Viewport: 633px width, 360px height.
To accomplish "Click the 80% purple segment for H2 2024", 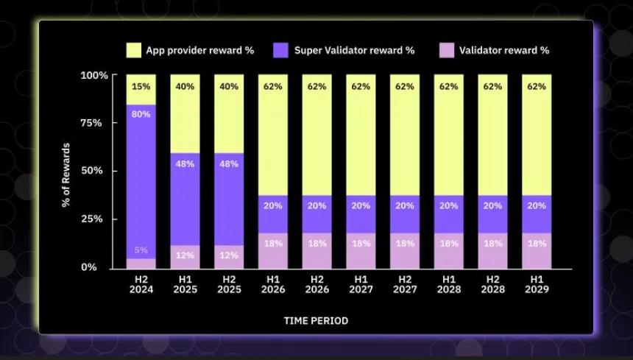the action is (x=141, y=182).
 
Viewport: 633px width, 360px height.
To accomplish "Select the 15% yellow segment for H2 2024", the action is (x=141, y=90).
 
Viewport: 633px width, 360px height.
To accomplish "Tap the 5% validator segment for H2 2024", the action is (x=141, y=264).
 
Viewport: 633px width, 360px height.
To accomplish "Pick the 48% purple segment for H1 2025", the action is (x=185, y=200).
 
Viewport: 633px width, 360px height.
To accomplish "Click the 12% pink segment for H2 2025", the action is (x=229, y=257).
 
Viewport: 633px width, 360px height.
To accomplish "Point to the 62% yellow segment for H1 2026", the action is (x=273, y=135).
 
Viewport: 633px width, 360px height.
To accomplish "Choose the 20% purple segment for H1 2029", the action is (x=537, y=214).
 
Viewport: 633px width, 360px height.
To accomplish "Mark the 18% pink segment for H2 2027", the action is (x=405, y=251).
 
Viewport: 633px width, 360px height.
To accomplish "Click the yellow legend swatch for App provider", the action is (x=134, y=51).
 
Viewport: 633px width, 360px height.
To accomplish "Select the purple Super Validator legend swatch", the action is (x=280, y=51).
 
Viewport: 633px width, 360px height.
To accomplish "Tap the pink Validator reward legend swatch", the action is (x=447, y=51).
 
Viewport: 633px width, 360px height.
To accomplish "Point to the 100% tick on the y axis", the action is (x=94, y=76).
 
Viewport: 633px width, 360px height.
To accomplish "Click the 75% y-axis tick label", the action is (x=91, y=123).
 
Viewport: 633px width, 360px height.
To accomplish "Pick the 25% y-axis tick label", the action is (x=91, y=219).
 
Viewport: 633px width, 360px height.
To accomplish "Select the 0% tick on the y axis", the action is (x=89, y=267).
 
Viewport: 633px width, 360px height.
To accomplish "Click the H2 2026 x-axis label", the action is (x=317, y=284).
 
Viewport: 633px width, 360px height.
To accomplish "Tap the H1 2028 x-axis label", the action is (x=448, y=284).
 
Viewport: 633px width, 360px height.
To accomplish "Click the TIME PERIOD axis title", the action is (x=316, y=321).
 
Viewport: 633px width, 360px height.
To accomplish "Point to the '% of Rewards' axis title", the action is (x=66, y=174).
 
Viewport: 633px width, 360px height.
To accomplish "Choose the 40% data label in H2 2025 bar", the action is (x=229, y=86).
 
